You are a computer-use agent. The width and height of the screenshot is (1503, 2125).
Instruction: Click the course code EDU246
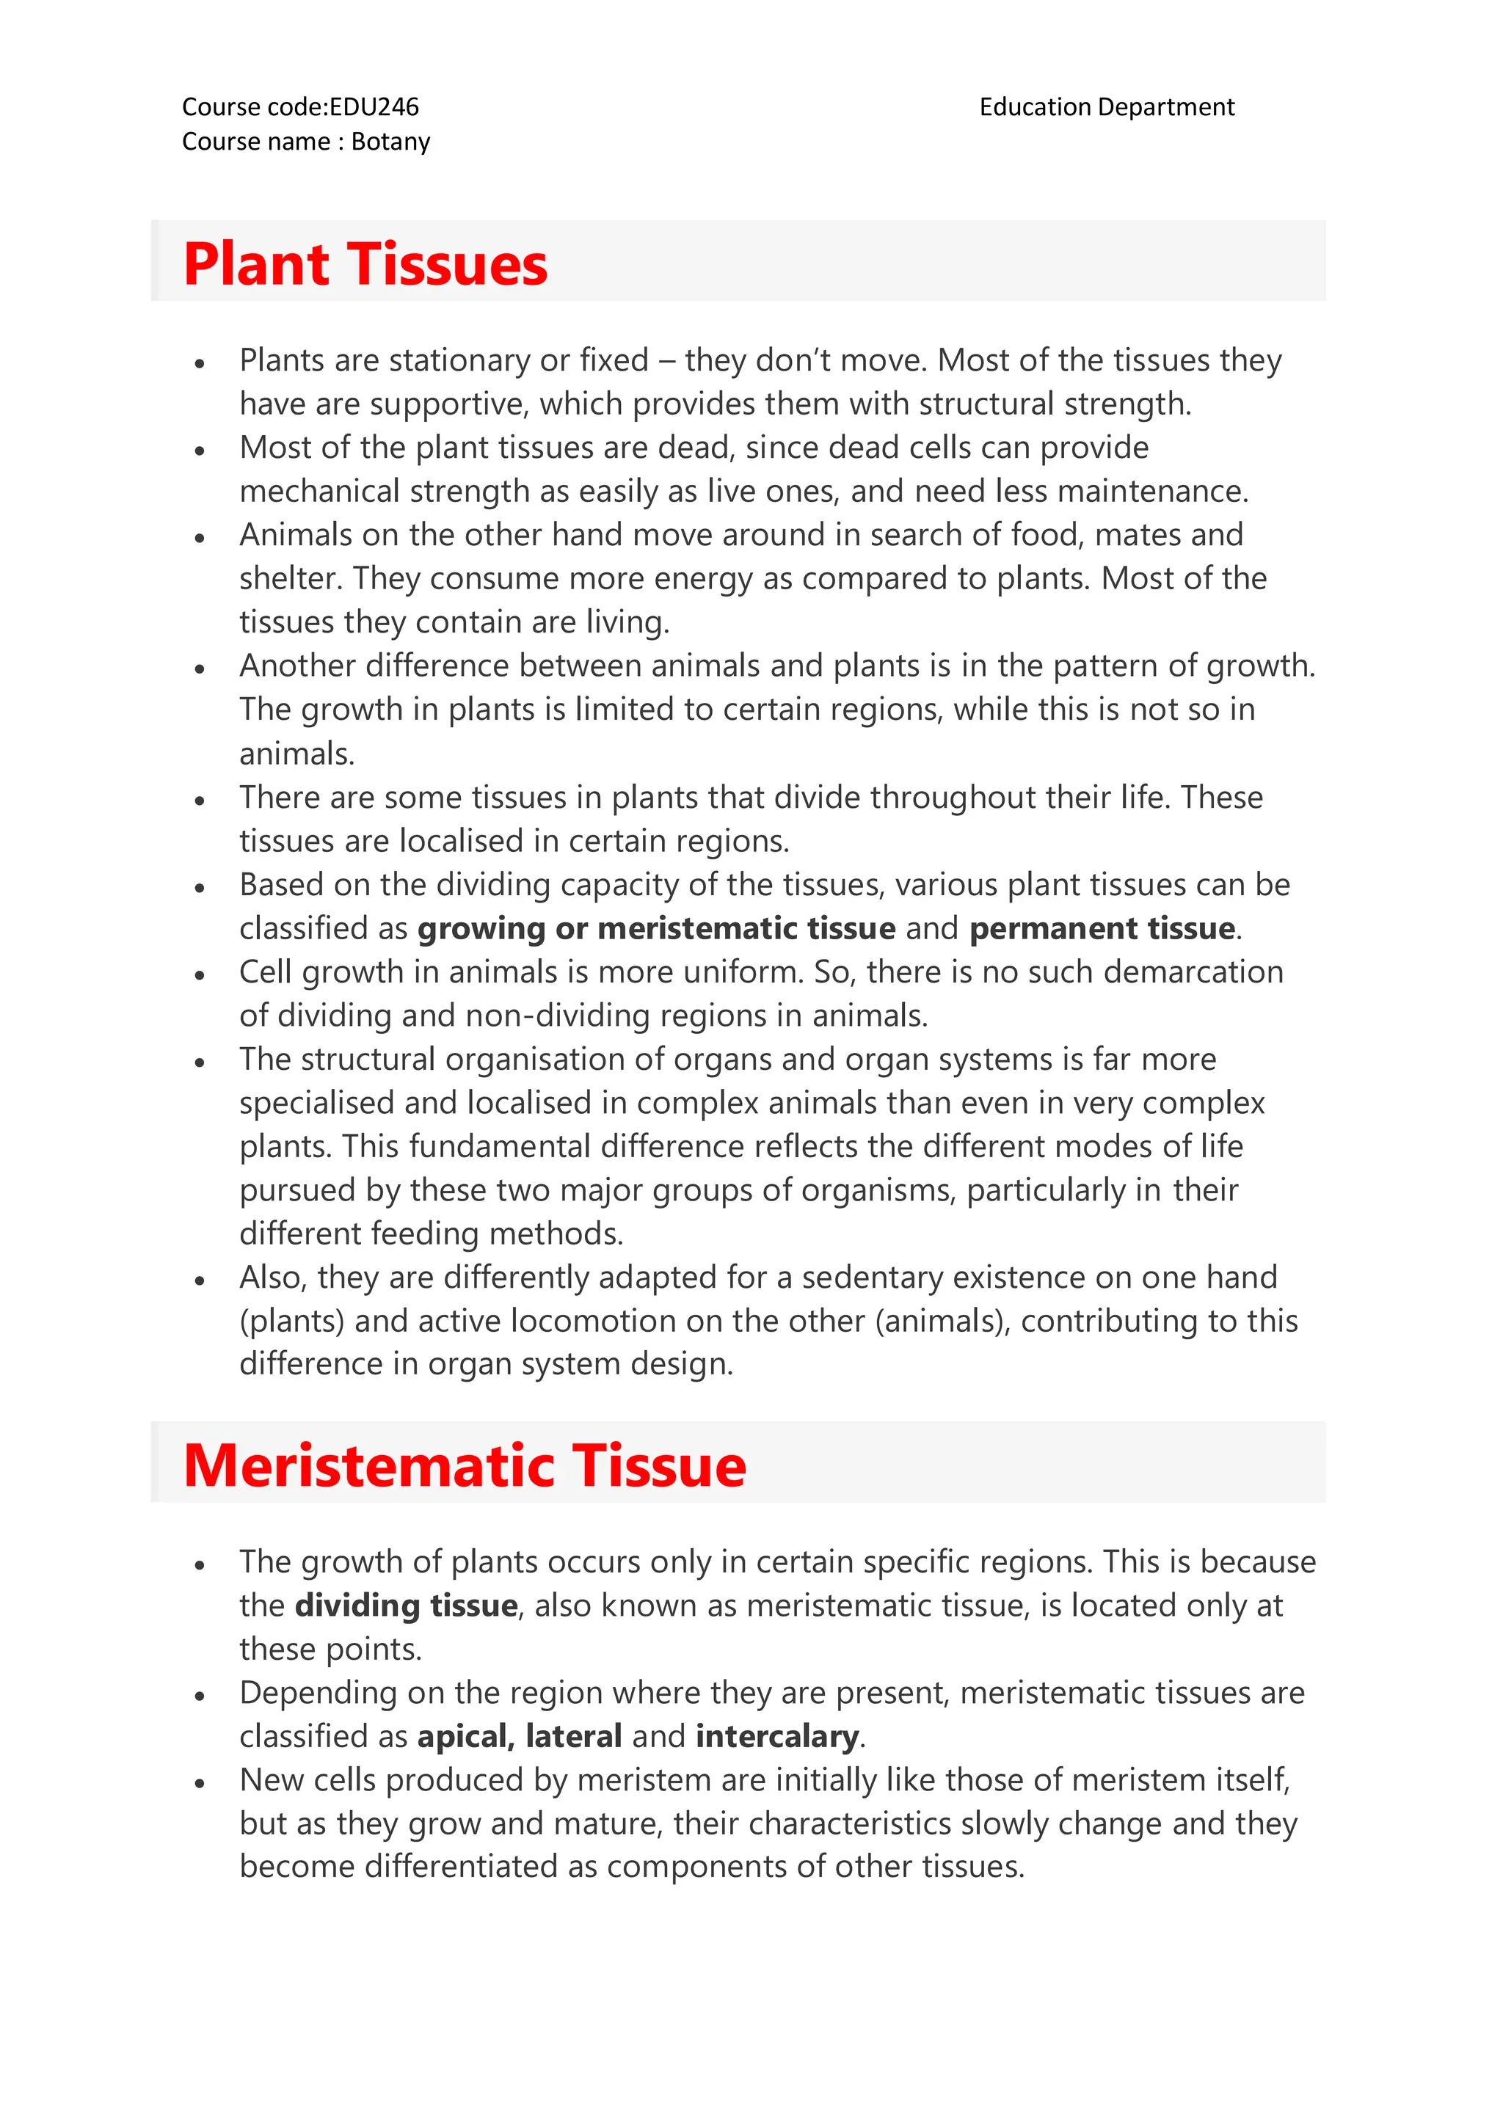374,107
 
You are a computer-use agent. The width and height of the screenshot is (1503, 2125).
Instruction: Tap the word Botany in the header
390,142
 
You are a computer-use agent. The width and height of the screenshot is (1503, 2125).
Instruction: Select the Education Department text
1106,107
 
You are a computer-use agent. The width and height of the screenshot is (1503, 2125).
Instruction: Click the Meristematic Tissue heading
465,1466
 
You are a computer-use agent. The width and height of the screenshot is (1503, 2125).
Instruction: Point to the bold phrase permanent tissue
1102,928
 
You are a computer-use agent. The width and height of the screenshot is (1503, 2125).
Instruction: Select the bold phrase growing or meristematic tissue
656,928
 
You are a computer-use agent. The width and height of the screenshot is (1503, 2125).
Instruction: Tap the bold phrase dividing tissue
405,1605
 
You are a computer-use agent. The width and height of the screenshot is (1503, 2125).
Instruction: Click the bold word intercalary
776,1736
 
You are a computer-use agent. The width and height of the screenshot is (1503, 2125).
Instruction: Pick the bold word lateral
573,1736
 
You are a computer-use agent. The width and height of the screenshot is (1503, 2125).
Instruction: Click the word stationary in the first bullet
459,360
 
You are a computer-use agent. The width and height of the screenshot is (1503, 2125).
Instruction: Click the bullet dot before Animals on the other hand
199,538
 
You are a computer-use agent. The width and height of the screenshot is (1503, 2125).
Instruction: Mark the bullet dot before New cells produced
199,1782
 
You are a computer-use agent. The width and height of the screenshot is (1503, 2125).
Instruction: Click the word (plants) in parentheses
291,1321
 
